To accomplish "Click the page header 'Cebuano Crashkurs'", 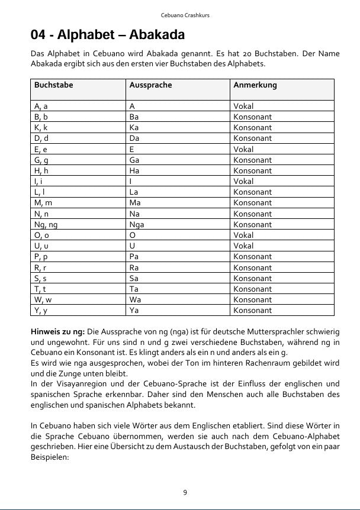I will tap(180, 15).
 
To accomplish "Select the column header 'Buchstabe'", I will tap(54, 85).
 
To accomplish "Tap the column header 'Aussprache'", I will tap(150, 85).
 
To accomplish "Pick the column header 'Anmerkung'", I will tap(255, 85).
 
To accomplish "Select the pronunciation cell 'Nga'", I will tap(137, 224).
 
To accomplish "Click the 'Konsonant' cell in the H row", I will tap(252, 170).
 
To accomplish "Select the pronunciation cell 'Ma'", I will tap(135, 203).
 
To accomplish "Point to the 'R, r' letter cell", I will tap(41, 267).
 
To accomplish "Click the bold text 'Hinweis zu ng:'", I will tap(58, 331).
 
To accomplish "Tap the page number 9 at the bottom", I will tap(185, 492).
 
